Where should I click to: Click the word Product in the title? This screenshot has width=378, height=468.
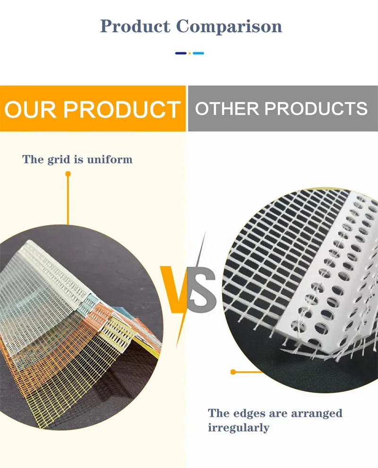point(135,26)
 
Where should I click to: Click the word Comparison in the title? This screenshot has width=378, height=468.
point(229,26)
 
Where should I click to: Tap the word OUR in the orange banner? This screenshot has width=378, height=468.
point(31,109)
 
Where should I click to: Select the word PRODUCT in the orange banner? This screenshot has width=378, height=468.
point(122,109)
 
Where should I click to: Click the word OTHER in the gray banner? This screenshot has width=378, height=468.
point(227,109)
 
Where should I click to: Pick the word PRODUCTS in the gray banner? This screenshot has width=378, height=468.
point(316,109)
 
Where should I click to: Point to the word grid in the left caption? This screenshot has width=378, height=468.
point(59,160)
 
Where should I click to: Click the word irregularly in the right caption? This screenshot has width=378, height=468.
point(239,428)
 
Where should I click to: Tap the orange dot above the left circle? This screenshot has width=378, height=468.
point(68,174)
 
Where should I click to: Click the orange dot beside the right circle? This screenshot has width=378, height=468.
point(232,372)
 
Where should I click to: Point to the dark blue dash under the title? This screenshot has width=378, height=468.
point(181,53)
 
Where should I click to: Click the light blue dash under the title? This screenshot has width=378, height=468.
point(198,53)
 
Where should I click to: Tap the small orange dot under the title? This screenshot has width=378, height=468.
point(189,53)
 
